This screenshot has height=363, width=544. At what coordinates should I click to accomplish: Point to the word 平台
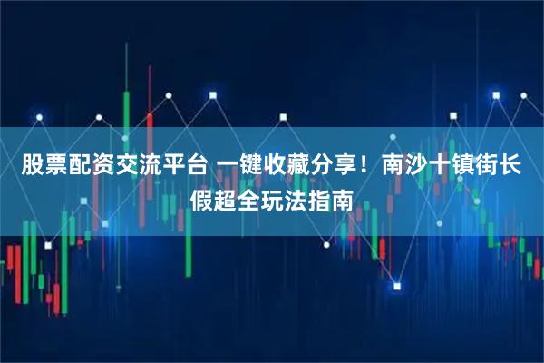pyautogui.click(x=181, y=167)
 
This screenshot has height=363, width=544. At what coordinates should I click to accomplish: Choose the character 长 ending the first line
pyautogui.click(x=513, y=167)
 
